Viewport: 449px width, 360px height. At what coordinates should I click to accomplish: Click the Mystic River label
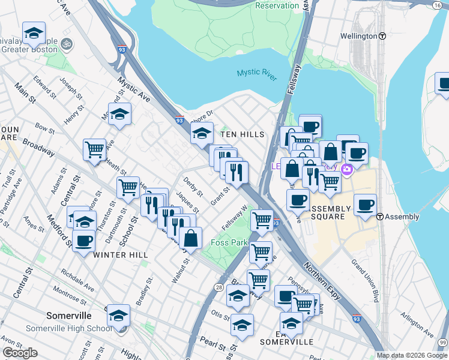tap(256, 73)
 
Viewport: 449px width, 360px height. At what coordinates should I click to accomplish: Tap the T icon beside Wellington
tap(382, 36)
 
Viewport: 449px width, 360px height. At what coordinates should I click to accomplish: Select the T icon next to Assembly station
tap(380, 217)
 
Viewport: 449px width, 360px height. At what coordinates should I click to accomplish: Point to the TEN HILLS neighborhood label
tap(243, 134)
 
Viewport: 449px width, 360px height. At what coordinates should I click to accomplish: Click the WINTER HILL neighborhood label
tap(121, 255)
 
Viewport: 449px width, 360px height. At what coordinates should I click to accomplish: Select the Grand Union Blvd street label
tap(366, 280)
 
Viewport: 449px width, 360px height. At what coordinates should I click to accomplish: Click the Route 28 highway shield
tap(218, 287)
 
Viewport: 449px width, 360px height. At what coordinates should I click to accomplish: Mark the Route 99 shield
tap(442, 342)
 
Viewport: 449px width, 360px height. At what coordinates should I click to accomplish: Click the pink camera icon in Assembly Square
tap(346, 170)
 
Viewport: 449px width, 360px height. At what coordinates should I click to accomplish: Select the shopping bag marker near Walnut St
tap(190, 238)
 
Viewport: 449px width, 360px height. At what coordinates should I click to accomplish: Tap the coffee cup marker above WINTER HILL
tap(83, 241)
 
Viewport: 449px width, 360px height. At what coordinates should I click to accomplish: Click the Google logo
tap(20, 353)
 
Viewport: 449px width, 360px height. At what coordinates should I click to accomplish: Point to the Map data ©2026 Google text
tap(412, 355)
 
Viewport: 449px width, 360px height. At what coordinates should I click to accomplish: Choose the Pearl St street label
tap(208, 342)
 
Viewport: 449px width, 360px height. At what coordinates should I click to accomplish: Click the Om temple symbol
tap(66, 44)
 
